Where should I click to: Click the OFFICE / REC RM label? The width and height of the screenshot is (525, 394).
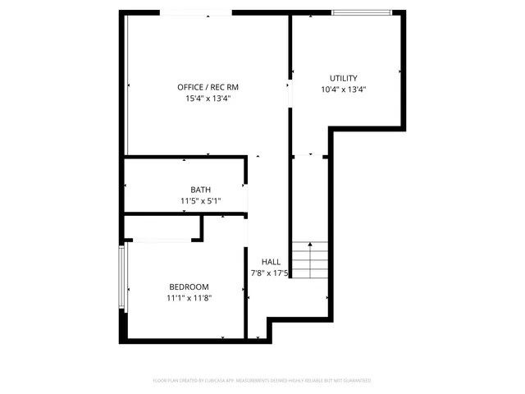(x=208, y=87)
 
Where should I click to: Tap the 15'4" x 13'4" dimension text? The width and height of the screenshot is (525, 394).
(x=208, y=98)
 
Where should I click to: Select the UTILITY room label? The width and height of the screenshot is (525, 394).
(x=343, y=78)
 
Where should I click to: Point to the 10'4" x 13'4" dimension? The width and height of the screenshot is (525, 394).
(x=343, y=89)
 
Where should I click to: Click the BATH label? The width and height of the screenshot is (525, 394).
(x=200, y=190)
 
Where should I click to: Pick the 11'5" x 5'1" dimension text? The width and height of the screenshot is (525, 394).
(x=200, y=201)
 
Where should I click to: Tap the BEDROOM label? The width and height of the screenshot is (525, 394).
(x=189, y=286)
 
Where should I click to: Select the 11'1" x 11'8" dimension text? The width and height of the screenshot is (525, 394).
(x=189, y=298)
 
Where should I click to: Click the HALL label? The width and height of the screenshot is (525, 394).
(x=271, y=262)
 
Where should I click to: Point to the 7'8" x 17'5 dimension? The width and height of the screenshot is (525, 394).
(x=270, y=273)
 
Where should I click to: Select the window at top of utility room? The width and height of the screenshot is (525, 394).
(x=361, y=12)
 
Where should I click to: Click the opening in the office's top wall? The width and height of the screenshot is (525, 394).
(x=195, y=12)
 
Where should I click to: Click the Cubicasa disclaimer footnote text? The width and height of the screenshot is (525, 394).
(x=262, y=381)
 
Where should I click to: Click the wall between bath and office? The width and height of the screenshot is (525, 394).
(x=185, y=156)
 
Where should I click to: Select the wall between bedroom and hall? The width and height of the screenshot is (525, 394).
(x=246, y=279)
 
